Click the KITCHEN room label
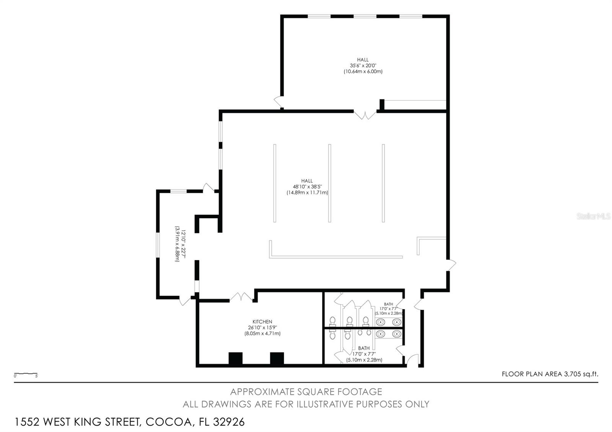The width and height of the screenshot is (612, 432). tap(262, 322)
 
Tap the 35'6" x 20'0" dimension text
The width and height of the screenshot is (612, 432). tap(363, 65)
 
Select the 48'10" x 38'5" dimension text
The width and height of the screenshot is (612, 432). tap(307, 187)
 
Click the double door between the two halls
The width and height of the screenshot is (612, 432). tap(365, 114)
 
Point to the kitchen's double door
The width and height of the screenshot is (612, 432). tap(241, 297)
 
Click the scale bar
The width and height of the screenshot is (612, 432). tap(26, 374)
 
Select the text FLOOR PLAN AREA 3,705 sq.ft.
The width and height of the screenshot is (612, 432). tap(549, 374)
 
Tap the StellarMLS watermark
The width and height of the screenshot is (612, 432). tap(593, 216)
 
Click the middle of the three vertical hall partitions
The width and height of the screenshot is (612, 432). tap(330, 183)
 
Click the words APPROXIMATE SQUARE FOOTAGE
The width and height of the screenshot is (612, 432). tap(306, 391)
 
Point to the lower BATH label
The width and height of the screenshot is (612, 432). tap(364, 348)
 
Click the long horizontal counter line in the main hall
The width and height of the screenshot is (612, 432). tap(336, 257)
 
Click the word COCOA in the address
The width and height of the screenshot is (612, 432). tap(168, 422)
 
